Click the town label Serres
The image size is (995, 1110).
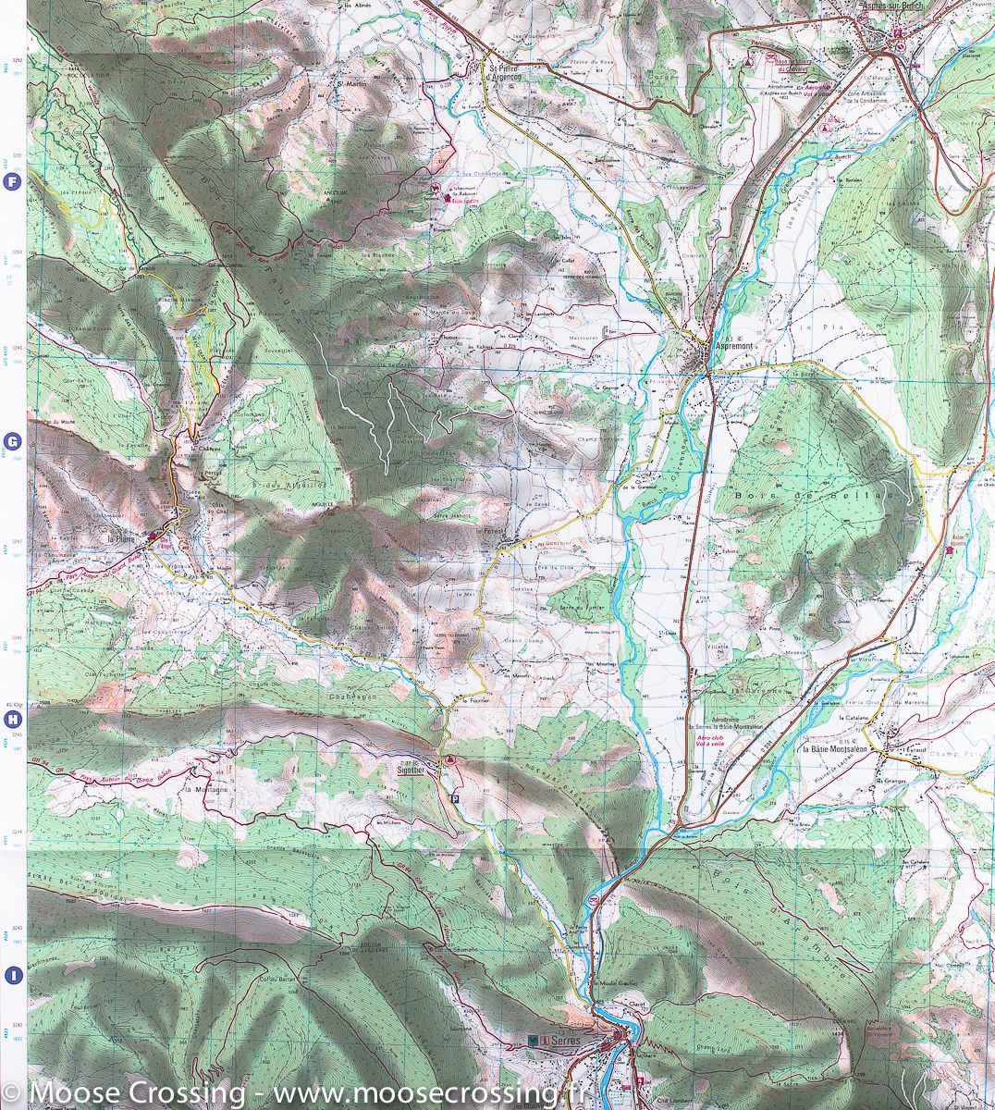click(562, 1041)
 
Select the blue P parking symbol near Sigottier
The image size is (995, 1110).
click(453, 797)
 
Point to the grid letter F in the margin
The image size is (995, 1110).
click(12, 182)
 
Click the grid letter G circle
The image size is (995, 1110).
click(12, 441)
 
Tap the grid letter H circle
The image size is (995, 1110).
click(12, 719)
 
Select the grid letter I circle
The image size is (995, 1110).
click(12, 974)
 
